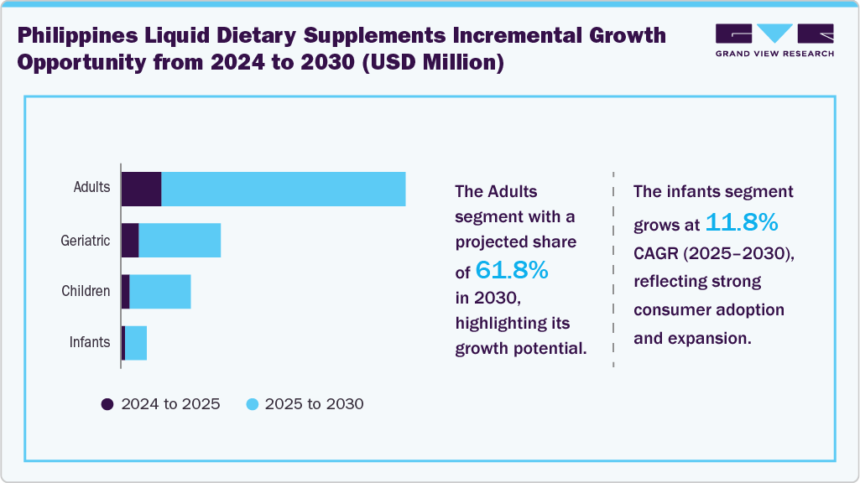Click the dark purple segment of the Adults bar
(x=141, y=189)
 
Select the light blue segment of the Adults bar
(x=283, y=189)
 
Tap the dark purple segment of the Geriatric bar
(x=130, y=241)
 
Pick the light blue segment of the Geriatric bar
(x=180, y=241)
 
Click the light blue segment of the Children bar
(x=160, y=291)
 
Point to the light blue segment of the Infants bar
(x=136, y=343)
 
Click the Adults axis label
(x=91, y=187)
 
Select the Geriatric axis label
(x=85, y=241)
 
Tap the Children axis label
(x=86, y=291)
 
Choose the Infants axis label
(x=89, y=342)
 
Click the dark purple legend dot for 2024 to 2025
(x=107, y=404)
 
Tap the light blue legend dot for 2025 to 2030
(x=252, y=404)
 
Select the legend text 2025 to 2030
(x=314, y=404)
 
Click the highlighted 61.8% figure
(x=512, y=270)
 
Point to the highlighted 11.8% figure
(x=742, y=223)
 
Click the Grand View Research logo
(x=774, y=40)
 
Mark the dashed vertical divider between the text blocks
(x=613, y=268)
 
